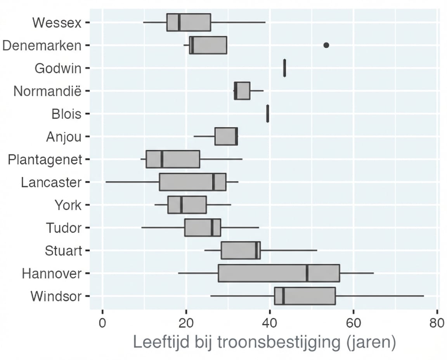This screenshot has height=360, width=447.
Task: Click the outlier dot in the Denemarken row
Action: coord(326,45)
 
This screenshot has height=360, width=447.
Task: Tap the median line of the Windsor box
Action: coord(284,296)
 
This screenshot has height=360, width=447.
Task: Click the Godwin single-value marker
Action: coord(284,68)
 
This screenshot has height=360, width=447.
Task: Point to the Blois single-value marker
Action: coord(268,114)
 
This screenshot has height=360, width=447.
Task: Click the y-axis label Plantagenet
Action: coord(45,159)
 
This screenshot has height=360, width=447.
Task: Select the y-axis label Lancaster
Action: coord(51,182)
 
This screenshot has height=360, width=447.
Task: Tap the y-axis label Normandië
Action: coord(48,91)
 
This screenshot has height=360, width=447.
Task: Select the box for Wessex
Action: coord(189,22)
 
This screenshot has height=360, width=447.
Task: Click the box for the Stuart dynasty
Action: coord(241,250)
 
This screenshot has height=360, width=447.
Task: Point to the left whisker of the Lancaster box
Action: coord(132,182)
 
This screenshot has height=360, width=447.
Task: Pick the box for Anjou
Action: coord(226,137)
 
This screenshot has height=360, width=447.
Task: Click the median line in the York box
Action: coord(181,205)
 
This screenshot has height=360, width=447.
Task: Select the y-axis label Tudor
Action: coord(64,228)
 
